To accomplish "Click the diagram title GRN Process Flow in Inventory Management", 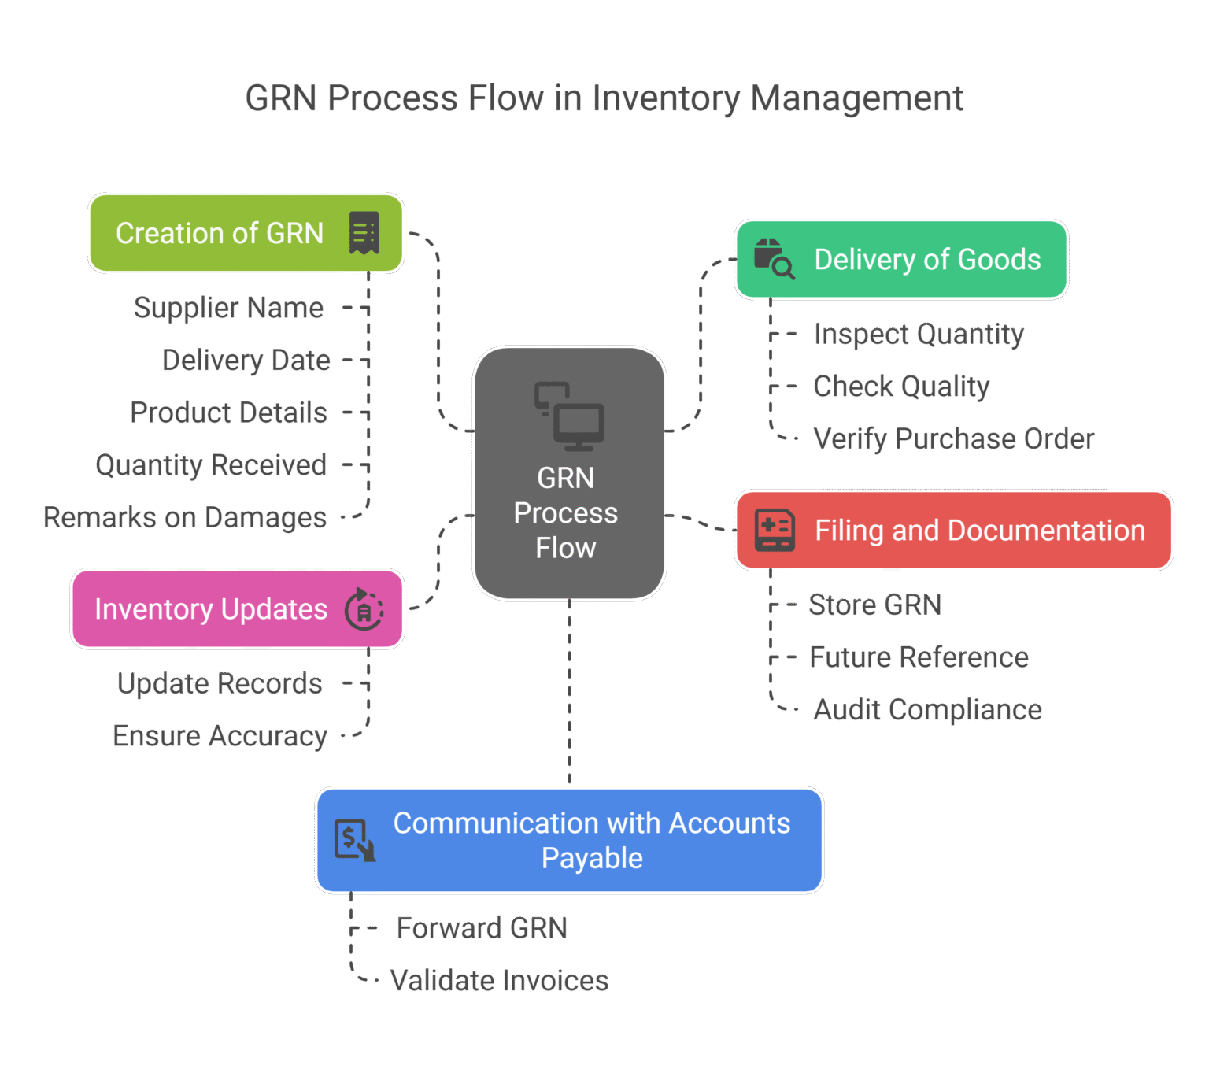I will coord(604,99).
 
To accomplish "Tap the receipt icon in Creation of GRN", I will coord(364,233).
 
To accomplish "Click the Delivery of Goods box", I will coord(900,259).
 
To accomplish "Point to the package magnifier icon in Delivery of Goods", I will coord(774,258).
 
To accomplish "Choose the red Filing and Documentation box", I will coord(953,530).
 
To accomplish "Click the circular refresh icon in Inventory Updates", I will coord(364,609).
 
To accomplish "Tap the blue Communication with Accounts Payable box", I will coord(569,840).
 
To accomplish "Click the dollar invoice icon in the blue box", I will coord(354,840).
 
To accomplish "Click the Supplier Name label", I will coord(228,308).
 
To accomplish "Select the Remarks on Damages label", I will coord(185,518).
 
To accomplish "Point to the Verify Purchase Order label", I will coord(953,439).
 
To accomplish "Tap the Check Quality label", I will coord(901,387).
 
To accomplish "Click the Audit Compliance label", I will coord(927,710).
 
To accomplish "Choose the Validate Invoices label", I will coord(500,981).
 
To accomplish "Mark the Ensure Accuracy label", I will coord(220,736).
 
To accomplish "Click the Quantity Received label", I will coord(211,465).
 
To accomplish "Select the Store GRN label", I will coord(874,605).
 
